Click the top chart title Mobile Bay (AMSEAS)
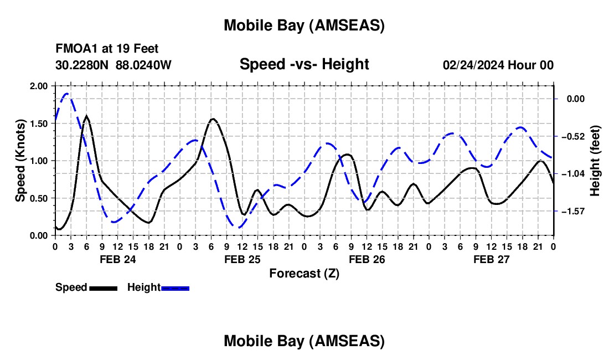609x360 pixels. coord(304,25)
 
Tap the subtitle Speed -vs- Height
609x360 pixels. coord(304,64)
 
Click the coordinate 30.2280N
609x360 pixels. coord(83,65)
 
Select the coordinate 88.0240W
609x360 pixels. coord(143,65)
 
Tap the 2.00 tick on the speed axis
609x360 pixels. coord(39,86)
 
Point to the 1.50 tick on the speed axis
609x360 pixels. coord(39,124)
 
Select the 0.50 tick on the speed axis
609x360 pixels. coord(39,198)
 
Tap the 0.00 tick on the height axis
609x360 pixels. coord(576,99)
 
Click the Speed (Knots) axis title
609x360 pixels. coord(20,161)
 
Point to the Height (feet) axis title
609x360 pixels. coord(595,161)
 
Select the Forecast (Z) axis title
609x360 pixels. coord(304,273)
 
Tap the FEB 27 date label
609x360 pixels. coord(491,259)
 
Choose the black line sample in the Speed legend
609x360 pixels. coord(102,288)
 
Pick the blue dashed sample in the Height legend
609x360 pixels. coord(175,288)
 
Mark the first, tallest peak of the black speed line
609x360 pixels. coord(86,116)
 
